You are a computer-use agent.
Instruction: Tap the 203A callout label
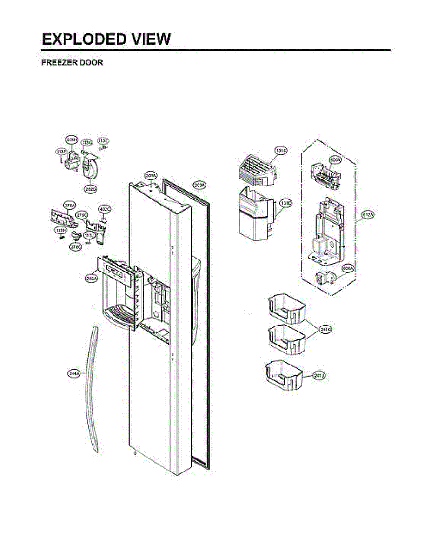click(x=199, y=186)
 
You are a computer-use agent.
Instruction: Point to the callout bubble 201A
click(x=151, y=175)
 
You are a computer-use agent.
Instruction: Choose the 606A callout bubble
click(x=347, y=268)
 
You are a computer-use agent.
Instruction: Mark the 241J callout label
click(x=318, y=375)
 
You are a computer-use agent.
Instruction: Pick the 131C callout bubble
click(x=280, y=151)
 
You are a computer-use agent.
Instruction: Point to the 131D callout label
click(x=286, y=204)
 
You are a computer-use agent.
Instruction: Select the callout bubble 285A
click(x=91, y=278)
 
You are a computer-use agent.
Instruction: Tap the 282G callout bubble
click(x=90, y=189)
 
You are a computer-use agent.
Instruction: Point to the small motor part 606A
click(x=324, y=279)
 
